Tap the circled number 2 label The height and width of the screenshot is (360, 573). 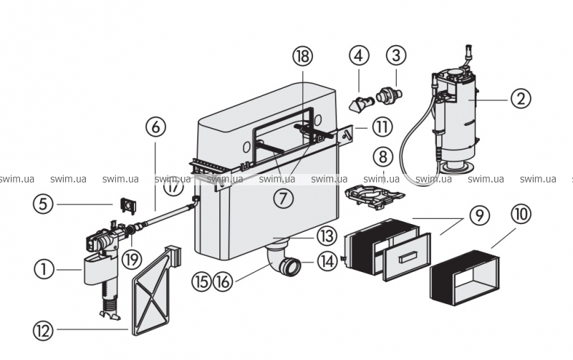click(521, 98)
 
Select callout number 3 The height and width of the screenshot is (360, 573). click(396, 54)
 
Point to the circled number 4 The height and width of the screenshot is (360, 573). click(359, 54)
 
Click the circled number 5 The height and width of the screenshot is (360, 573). click(44, 205)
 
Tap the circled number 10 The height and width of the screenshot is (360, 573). click(521, 214)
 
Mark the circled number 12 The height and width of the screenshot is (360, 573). click(44, 330)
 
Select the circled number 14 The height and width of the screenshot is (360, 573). click(327, 262)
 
